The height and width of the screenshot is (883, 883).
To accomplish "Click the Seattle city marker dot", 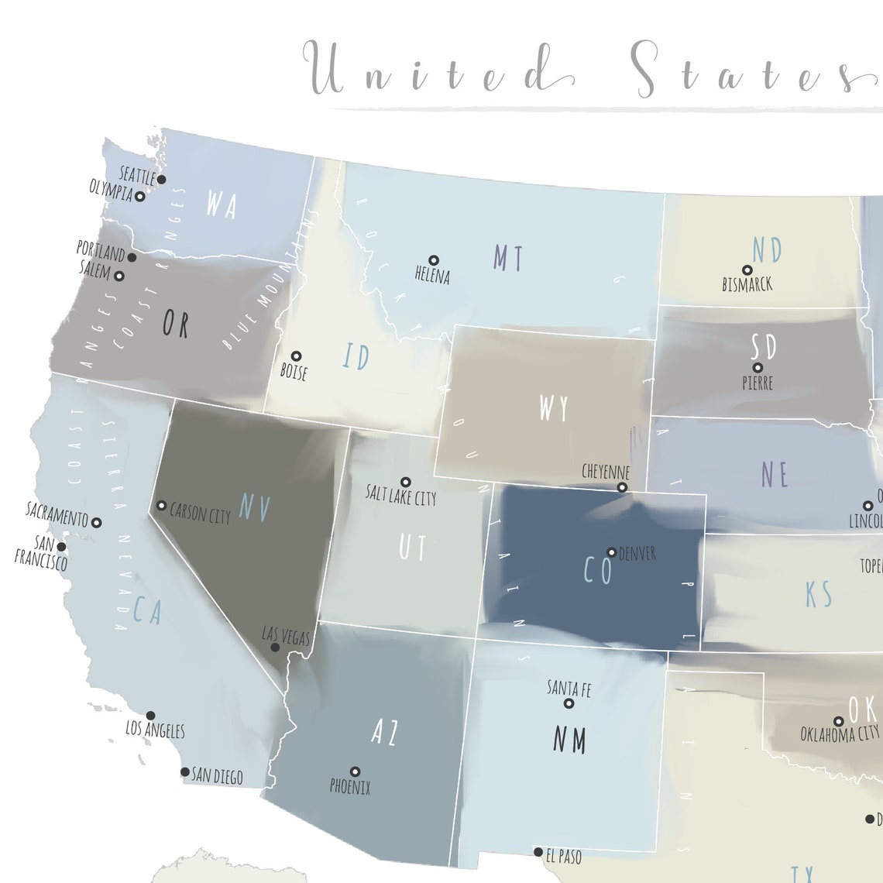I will [x=161, y=180].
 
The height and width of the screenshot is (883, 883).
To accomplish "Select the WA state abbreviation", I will [x=221, y=204].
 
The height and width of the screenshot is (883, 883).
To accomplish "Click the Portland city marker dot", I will [x=132, y=257].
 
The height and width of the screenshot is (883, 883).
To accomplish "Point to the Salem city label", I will [x=95, y=269].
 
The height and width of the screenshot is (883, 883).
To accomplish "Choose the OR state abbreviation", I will [x=175, y=324].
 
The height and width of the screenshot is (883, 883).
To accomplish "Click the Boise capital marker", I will [x=296, y=356].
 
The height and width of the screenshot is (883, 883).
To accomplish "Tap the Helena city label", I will [x=432, y=276].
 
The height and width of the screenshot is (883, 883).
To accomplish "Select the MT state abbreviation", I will [x=508, y=258].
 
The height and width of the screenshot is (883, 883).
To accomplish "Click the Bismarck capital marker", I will [x=747, y=270].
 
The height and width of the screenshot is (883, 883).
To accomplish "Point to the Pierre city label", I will [x=757, y=383].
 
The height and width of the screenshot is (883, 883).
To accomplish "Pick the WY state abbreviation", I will [x=554, y=408].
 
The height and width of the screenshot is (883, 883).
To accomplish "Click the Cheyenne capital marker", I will [x=622, y=487].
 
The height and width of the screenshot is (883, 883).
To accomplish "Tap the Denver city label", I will [x=637, y=554].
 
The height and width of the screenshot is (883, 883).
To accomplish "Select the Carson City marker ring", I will [x=161, y=506].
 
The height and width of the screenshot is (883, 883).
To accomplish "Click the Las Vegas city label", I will [x=286, y=637].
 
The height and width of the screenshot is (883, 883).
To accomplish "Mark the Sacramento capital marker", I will [x=97, y=523].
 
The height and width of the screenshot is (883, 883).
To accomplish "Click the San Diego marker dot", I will [x=184, y=771].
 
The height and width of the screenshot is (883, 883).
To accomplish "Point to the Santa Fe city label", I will [x=569, y=688].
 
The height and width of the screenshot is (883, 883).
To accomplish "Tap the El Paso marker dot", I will [x=538, y=852].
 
